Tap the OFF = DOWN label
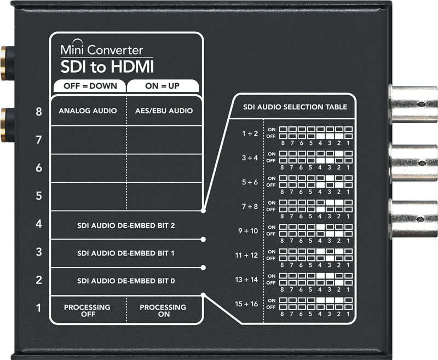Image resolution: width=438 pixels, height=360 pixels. click(88, 86)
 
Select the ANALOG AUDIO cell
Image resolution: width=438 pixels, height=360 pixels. click(88, 111)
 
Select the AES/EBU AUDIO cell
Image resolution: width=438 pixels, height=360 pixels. click(164, 111)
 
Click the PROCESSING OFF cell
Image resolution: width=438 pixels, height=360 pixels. click(87, 311)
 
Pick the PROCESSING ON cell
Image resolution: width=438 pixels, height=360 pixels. click(163, 311)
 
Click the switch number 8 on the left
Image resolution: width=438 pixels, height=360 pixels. click(39, 112)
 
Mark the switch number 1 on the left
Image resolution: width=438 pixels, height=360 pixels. click(39, 309)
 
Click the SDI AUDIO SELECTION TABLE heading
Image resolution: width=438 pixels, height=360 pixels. click(295, 107)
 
